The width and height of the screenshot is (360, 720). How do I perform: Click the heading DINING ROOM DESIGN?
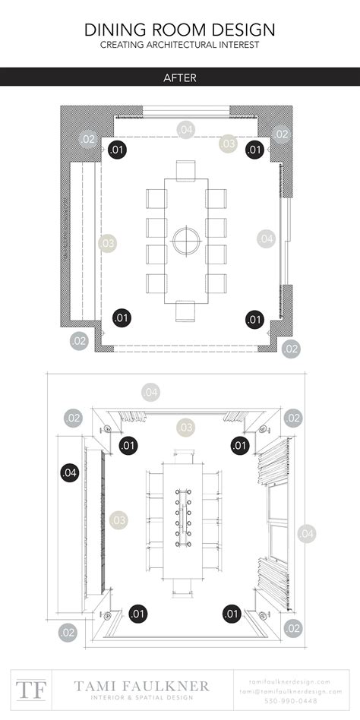coord(179,30)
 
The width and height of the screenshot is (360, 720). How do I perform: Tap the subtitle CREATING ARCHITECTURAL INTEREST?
coord(179,46)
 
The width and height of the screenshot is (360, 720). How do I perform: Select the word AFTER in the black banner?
coord(179,77)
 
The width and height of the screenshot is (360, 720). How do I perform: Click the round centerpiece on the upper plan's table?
coord(185,241)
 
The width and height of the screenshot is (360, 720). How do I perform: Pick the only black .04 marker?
coord(69,472)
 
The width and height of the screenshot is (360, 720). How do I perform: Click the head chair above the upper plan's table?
coord(185,170)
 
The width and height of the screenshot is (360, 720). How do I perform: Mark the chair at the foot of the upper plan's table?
coord(185,311)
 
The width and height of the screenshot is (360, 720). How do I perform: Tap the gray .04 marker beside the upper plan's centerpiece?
coord(265,238)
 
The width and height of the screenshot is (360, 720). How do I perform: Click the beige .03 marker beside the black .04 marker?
coord(118,520)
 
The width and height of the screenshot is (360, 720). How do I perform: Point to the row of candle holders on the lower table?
coord(182,519)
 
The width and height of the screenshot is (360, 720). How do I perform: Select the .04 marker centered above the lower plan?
coord(151,392)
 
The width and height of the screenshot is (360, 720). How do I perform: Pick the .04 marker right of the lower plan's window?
coord(307,534)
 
